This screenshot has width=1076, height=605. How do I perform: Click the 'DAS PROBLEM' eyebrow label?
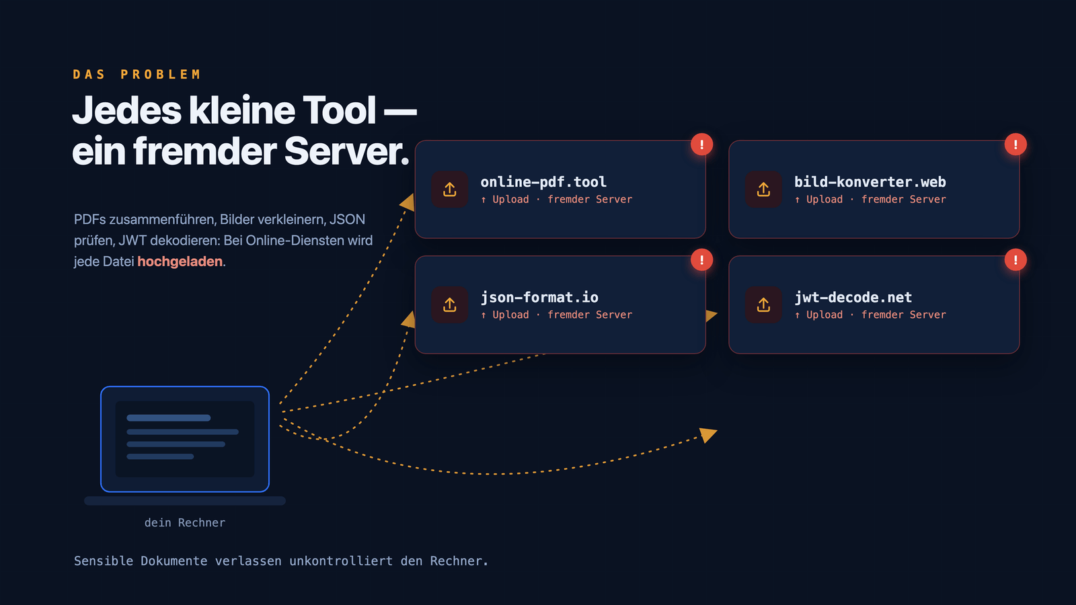(x=137, y=75)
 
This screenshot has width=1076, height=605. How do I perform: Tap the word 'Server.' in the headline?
(x=347, y=151)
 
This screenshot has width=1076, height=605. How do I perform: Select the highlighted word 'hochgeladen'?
(x=180, y=261)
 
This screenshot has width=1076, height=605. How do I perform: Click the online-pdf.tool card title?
(x=543, y=182)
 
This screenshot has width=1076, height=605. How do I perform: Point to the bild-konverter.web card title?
(x=870, y=182)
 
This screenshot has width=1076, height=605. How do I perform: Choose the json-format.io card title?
(x=539, y=298)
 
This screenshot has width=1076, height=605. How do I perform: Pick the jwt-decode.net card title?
(x=853, y=298)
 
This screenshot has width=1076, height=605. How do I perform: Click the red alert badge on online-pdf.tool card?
(x=702, y=145)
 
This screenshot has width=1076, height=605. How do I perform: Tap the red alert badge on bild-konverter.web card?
(x=1015, y=145)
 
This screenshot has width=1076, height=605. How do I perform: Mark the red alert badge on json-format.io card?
(x=702, y=259)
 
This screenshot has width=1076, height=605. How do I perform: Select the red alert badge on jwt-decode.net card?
(x=1015, y=259)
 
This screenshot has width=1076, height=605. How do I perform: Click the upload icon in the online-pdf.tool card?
(x=450, y=189)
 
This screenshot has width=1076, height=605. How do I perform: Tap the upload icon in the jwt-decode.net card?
(x=763, y=305)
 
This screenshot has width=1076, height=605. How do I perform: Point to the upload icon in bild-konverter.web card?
(x=763, y=189)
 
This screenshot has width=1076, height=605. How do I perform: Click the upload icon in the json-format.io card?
(x=450, y=305)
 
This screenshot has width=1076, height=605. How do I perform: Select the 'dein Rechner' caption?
(x=185, y=522)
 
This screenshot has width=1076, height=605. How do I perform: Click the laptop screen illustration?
(x=185, y=439)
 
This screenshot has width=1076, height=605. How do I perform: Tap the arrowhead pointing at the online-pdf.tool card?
(x=408, y=202)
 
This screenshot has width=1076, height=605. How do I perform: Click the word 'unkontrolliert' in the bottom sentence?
(x=341, y=561)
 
